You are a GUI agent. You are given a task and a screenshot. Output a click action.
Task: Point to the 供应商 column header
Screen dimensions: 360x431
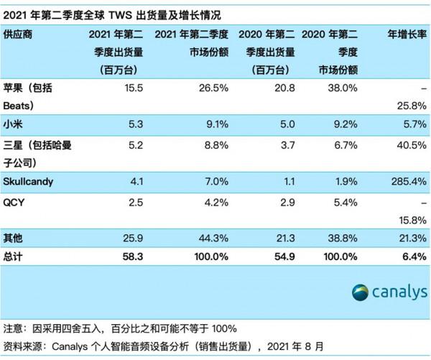click(18, 34)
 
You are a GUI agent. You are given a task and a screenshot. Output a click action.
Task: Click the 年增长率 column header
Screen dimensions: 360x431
click(406, 34)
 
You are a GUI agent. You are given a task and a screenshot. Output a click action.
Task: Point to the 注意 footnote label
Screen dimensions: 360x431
click(12, 330)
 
